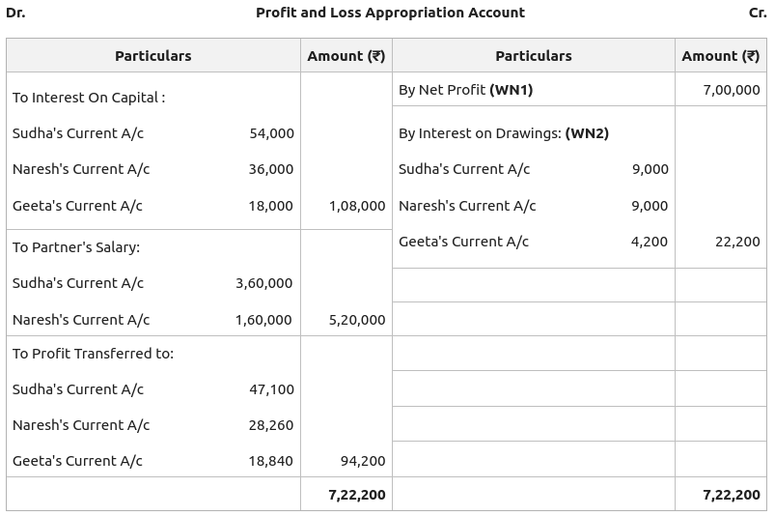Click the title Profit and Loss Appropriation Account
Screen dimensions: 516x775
click(x=390, y=13)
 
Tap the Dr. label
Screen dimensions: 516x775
click(x=15, y=13)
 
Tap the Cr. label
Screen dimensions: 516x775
click(x=758, y=13)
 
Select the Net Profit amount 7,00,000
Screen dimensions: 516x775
click(x=732, y=90)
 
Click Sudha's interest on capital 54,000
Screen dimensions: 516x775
click(x=271, y=133)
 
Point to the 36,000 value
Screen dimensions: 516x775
click(x=271, y=169)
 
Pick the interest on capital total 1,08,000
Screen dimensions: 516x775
click(x=357, y=206)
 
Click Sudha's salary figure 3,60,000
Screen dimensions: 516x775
click(x=263, y=283)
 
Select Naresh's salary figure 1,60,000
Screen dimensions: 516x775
click(x=263, y=320)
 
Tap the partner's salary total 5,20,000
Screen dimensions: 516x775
click(x=357, y=320)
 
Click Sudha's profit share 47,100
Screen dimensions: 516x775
click(x=271, y=389)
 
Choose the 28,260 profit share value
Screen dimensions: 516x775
click(x=271, y=425)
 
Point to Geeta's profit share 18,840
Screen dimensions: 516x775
click(x=271, y=461)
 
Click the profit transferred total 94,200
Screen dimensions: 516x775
click(x=363, y=461)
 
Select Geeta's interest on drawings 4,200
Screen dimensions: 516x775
click(x=650, y=242)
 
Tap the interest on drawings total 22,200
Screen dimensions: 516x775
click(x=737, y=242)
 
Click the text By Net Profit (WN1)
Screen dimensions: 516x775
click(x=465, y=90)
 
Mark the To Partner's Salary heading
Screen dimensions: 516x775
click(x=76, y=247)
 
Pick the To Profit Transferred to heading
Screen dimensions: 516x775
click(x=93, y=354)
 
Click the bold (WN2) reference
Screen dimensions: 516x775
click(x=587, y=133)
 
